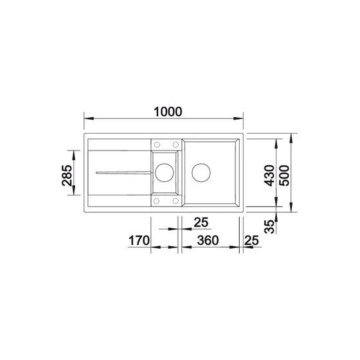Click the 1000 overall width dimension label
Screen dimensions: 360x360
[x=168, y=112]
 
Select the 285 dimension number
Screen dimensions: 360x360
[x=67, y=175]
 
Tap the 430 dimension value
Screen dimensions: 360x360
[x=269, y=175]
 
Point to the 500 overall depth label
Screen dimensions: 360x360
[x=284, y=175]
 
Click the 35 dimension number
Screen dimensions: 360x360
[x=269, y=226]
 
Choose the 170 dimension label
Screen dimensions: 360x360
[x=139, y=240]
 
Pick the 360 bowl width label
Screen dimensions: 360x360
[x=208, y=240]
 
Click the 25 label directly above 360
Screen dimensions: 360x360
[x=201, y=222]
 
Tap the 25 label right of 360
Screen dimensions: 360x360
[x=251, y=240]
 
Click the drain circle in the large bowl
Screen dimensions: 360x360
[x=201, y=172]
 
